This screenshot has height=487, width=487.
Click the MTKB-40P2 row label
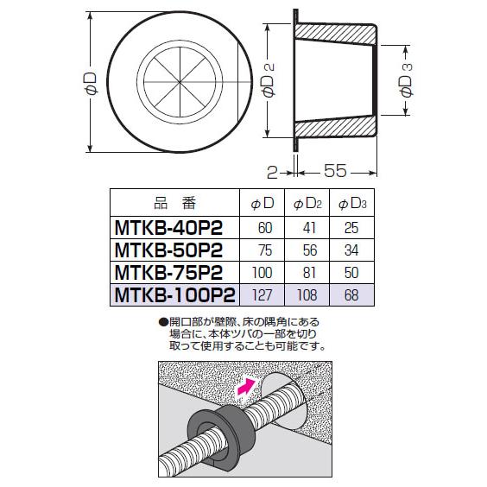click(169, 227)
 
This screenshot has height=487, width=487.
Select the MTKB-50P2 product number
click(169, 250)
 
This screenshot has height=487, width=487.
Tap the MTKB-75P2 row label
click(169, 272)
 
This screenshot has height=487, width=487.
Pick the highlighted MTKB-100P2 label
click(174, 294)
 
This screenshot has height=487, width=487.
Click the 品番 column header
click(175, 204)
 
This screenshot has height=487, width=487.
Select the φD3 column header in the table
click(351, 204)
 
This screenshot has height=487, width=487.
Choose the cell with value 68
click(351, 295)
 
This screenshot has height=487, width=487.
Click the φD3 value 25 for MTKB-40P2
click(351, 227)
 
